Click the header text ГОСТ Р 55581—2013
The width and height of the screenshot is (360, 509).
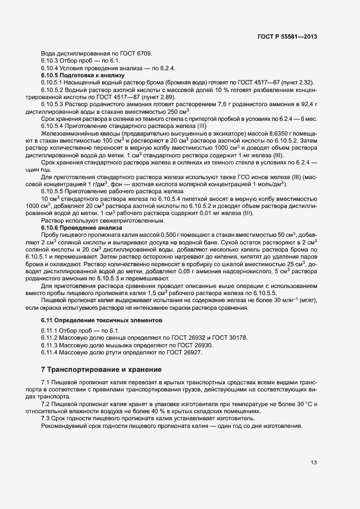point(286,36)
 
